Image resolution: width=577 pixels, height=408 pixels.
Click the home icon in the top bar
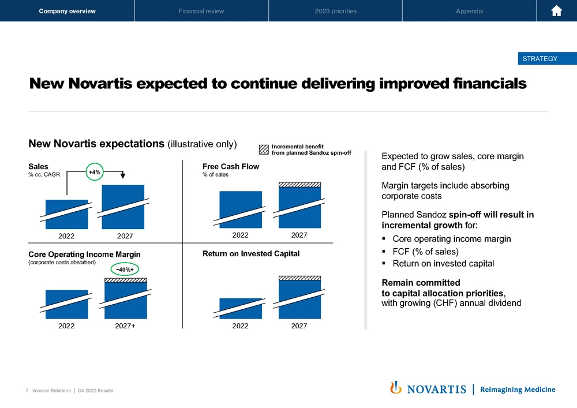click(557, 11)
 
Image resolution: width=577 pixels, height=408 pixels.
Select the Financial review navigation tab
click(201, 11)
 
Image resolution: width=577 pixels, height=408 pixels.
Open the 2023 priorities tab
click(335, 11)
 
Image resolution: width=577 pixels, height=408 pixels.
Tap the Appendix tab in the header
click(469, 11)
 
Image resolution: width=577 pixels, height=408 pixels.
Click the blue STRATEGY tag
click(539, 58)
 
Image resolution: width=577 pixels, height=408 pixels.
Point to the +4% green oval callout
click(95, 172)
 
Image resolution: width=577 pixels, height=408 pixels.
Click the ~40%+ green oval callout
click(125, 269)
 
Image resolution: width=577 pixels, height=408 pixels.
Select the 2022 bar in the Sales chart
click(66, 214)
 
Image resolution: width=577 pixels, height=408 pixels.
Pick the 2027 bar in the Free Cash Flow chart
click(299, 206)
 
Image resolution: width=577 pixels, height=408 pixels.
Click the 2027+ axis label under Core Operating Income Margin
click(125, 326)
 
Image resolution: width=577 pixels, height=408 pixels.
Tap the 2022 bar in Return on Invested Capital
click(241, 308)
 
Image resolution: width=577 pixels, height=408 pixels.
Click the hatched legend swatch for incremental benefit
click(264, 149)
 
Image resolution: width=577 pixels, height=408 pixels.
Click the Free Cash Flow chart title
click(231, 167)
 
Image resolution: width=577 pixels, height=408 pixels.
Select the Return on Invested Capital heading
click(251, 253)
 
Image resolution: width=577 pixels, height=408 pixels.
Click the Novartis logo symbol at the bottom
click(396, 388)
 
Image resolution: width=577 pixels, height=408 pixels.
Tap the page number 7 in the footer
click(28, 391)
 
